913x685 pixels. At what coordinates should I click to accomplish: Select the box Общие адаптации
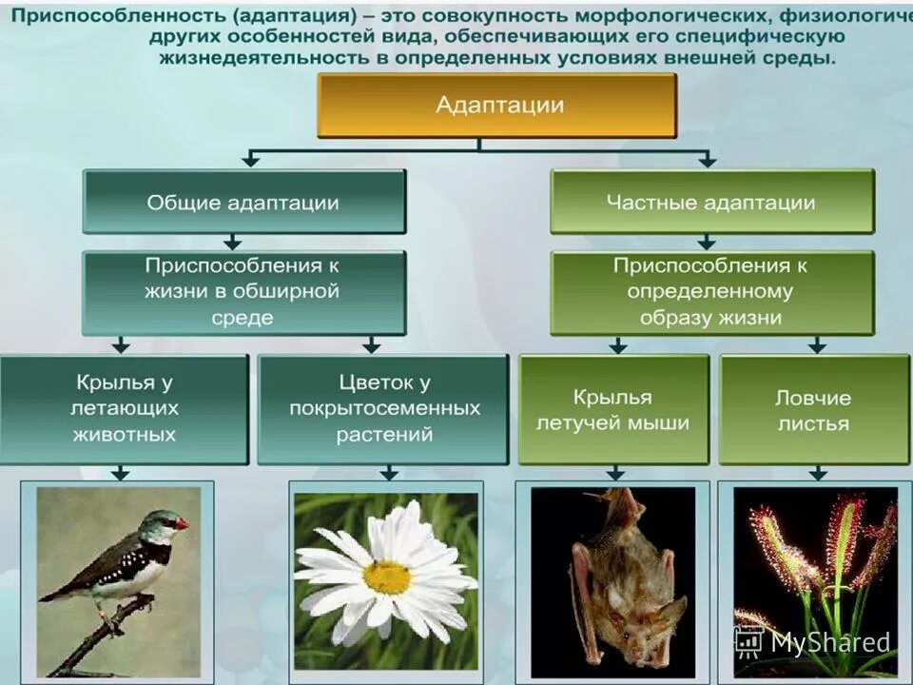(243, 203)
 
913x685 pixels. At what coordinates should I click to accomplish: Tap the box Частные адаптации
(711, 203)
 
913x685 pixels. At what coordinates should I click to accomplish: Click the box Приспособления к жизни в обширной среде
(243, 292)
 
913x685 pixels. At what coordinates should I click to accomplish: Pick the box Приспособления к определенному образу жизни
(711, 292)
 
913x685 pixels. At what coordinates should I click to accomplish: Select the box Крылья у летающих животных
(124, 409)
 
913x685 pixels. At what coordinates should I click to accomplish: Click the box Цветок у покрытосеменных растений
(383, 409)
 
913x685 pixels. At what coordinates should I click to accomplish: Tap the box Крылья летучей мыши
(613, 409)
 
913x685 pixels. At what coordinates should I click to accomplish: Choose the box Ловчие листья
(814, 409)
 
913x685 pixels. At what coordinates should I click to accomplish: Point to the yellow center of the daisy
(387, 577)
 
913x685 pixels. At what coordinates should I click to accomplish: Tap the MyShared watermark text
(829, 642)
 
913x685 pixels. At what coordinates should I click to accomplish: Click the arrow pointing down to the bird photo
(121, 472)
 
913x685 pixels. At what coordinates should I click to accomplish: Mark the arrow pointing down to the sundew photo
(818, 472)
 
